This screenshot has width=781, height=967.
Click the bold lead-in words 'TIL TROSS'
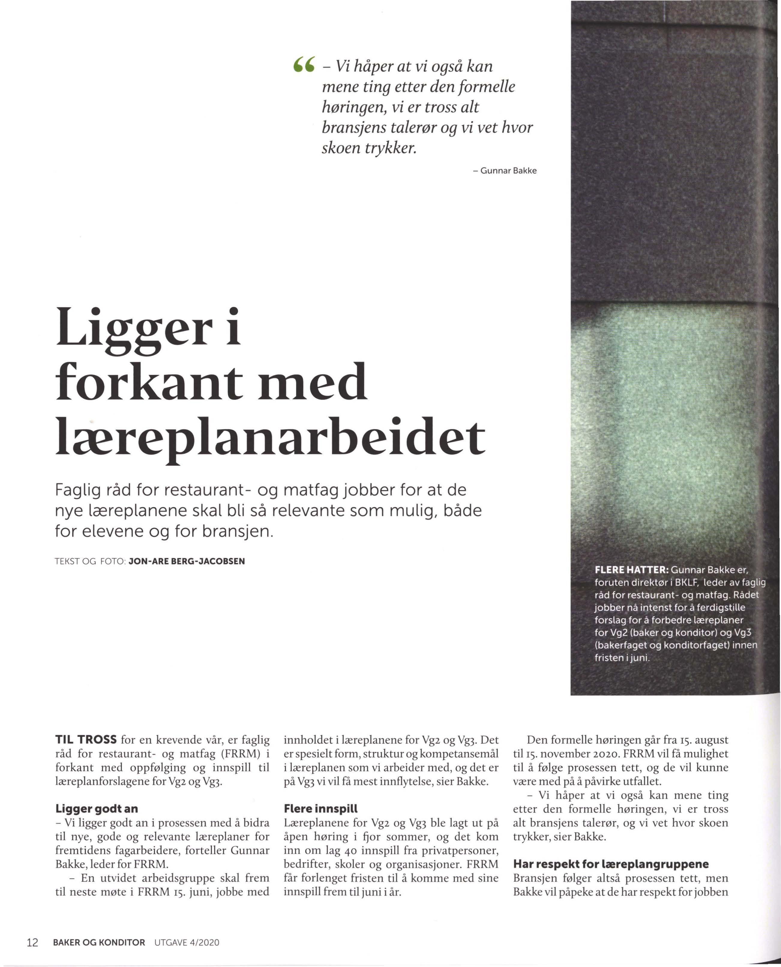(86, 740)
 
